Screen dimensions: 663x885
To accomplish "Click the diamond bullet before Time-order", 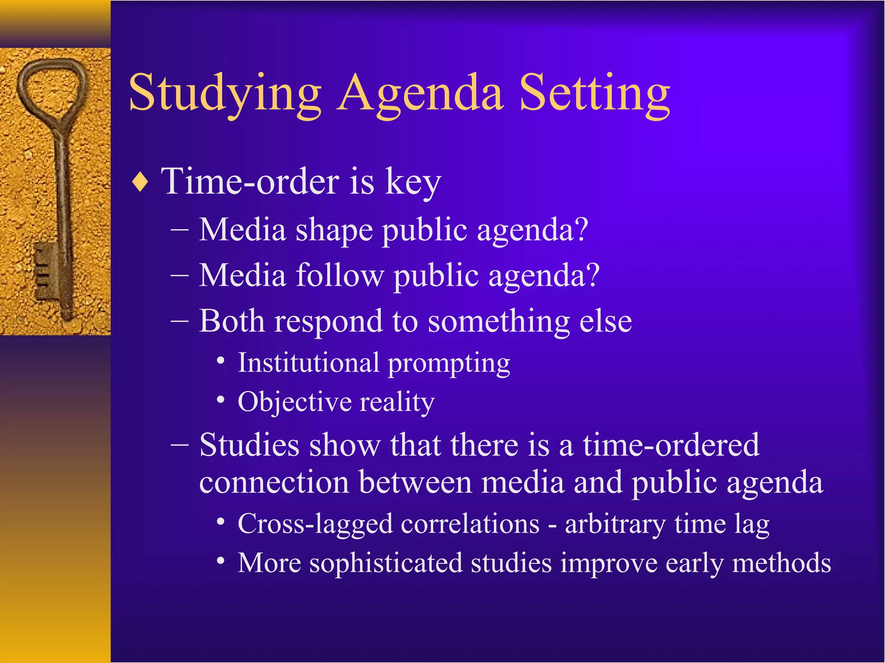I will [140, 183].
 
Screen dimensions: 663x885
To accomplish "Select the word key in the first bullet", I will [413, 183].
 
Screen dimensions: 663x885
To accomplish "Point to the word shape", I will [334, 230].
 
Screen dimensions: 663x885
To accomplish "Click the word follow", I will [340, 275].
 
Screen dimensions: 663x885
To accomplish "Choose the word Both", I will [232, 322].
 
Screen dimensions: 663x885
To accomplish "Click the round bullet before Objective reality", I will [221, 400].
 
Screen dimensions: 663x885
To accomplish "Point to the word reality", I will [397, 403].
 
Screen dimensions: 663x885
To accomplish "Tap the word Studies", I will [249, 445].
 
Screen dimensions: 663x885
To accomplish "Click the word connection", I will [274, 482].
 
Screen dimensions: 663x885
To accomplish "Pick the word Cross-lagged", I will [315, 524].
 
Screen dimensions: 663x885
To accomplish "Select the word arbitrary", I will [614, 525].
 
